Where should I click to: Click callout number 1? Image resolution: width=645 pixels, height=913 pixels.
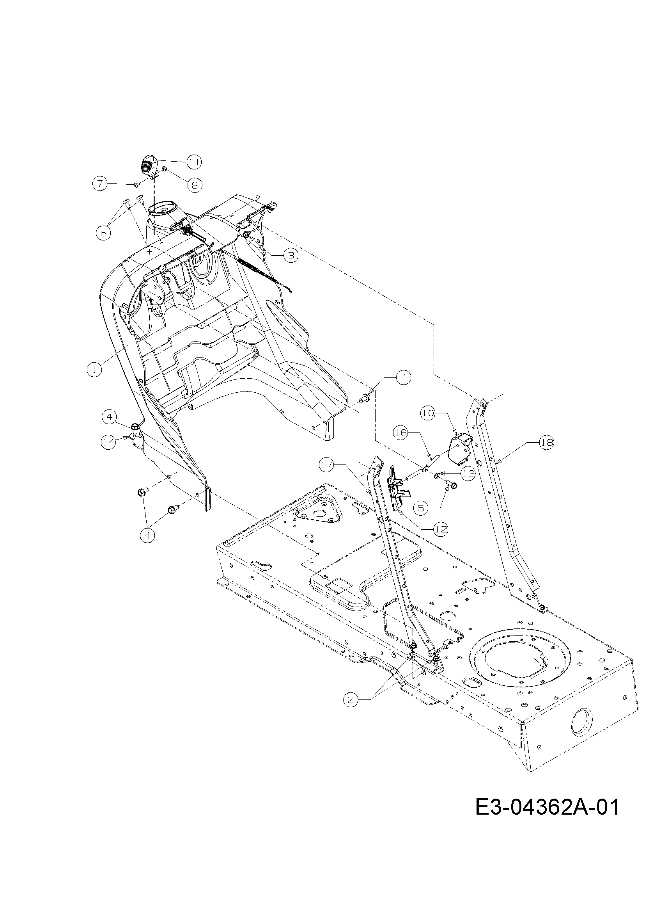click(x=94, y=369)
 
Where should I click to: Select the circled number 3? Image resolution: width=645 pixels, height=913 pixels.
click(x=291, y=255)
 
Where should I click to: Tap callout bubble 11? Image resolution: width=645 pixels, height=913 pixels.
click(x=194, y=162)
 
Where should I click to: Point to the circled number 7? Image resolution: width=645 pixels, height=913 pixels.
click(x=100, y=183)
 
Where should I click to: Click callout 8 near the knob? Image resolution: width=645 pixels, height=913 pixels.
click(x=194, y=185)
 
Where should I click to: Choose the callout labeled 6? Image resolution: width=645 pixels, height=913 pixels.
click(x=103, y=233)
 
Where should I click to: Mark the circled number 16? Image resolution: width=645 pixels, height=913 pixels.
click(x=401, y=432)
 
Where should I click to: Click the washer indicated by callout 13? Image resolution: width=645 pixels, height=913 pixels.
click(x=437, y=475)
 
